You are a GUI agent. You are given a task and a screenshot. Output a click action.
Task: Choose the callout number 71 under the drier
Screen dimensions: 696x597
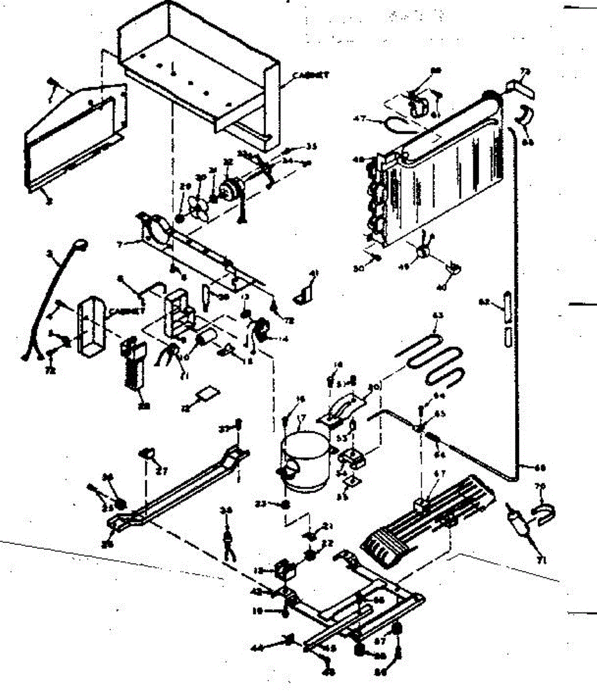(543, 560)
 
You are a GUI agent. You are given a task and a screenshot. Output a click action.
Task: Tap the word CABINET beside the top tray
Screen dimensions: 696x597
(311, 75)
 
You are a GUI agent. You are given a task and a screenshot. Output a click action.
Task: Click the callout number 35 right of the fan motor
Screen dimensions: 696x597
(312, 146)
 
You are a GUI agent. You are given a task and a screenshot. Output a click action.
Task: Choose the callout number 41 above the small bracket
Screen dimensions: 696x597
(314, 273)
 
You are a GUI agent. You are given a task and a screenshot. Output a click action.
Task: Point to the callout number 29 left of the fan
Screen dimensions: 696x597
(186, 187)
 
